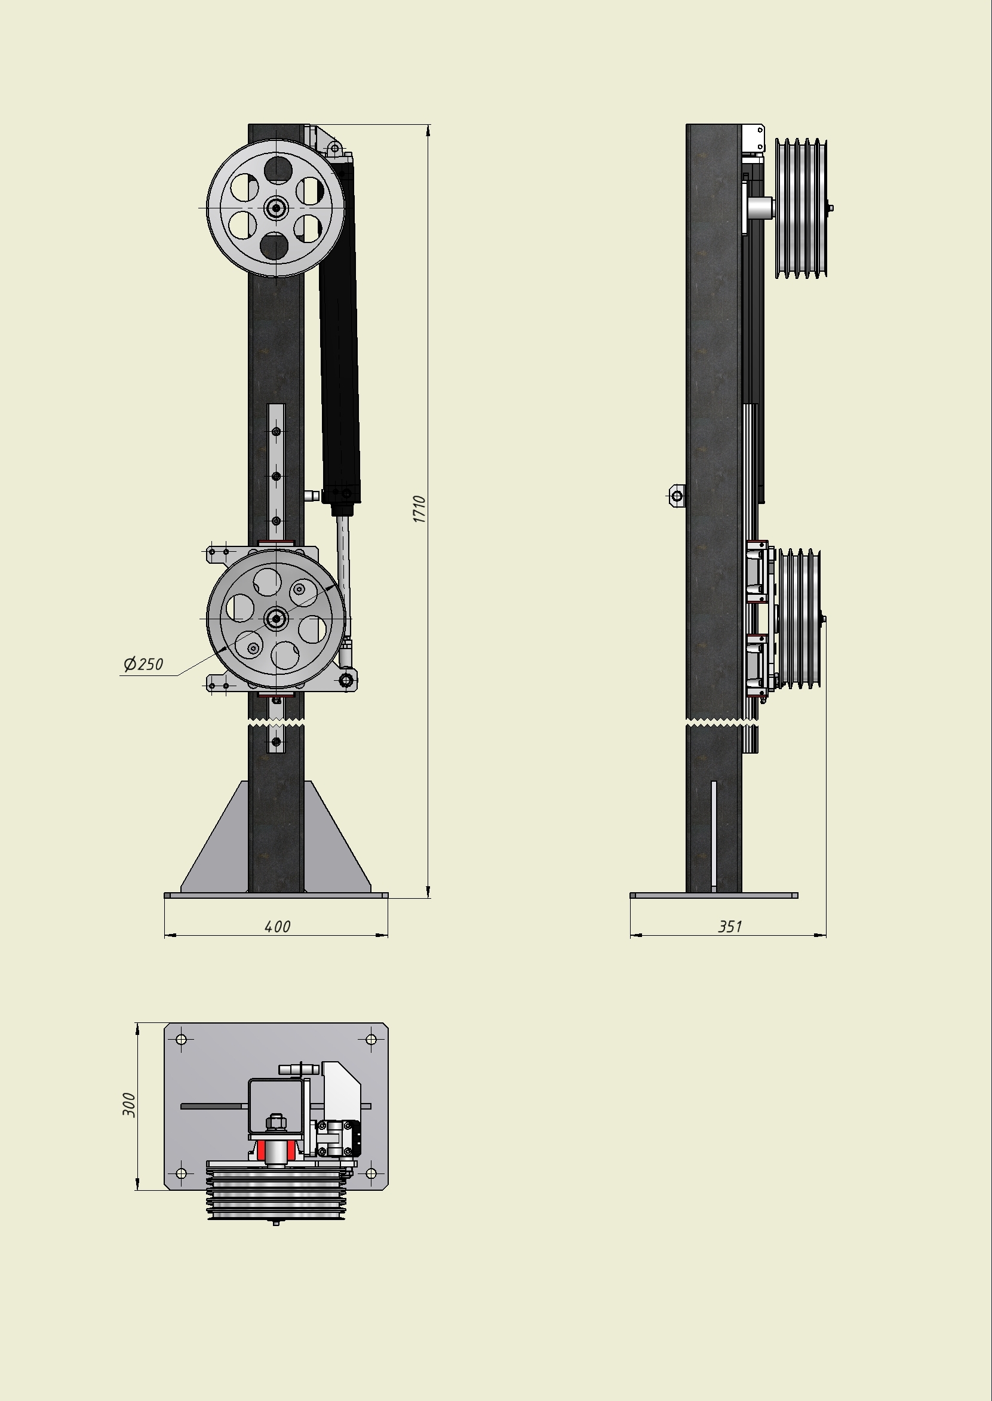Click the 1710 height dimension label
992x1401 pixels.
[419, 509]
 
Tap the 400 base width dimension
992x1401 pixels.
[277, 926]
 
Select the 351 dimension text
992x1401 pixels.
[730, 926]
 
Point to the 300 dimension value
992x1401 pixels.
[130, 1105]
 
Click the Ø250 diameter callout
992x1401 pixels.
[143, 664]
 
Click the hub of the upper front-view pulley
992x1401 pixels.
[276, 208]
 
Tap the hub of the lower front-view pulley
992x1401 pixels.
[276, 619]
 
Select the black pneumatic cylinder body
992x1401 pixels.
[339, 330]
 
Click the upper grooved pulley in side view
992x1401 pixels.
[801, 208]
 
